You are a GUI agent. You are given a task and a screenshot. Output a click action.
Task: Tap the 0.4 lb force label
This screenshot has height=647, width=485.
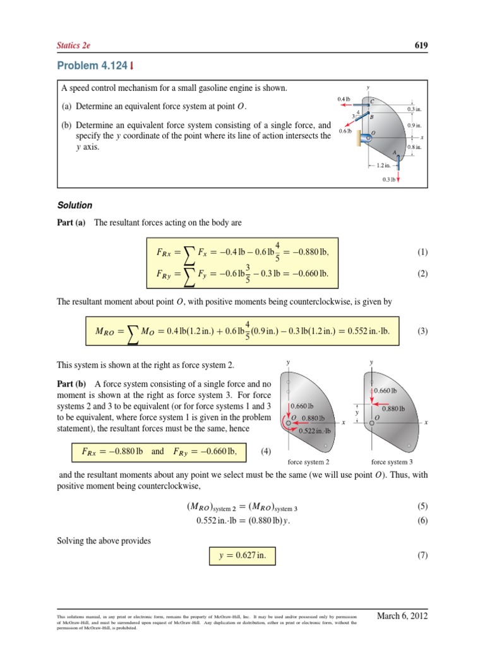[344, 99]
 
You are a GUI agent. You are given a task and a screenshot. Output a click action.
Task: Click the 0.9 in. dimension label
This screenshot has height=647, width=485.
[414, 126]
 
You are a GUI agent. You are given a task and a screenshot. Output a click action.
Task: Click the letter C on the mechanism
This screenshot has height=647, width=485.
[372, 101]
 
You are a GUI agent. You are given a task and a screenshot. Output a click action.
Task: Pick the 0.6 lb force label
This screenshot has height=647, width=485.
[345, 131]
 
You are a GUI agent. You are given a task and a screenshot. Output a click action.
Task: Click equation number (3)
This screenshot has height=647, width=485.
[422, 330]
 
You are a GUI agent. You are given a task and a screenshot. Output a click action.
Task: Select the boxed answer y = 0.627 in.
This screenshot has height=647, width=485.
[242, 555]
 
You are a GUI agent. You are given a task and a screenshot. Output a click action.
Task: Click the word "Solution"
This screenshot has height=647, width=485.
[75, 205]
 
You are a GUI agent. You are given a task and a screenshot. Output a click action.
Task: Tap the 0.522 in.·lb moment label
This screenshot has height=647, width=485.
[316, 431]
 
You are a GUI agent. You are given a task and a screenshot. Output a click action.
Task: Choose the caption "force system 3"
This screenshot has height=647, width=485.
[392, 462]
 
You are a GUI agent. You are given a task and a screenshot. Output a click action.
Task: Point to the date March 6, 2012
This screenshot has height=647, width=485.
[402, 616]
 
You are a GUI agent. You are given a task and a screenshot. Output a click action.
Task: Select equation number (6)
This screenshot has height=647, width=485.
[422, 520]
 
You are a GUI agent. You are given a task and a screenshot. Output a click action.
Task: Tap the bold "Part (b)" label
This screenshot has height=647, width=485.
[71, 384]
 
